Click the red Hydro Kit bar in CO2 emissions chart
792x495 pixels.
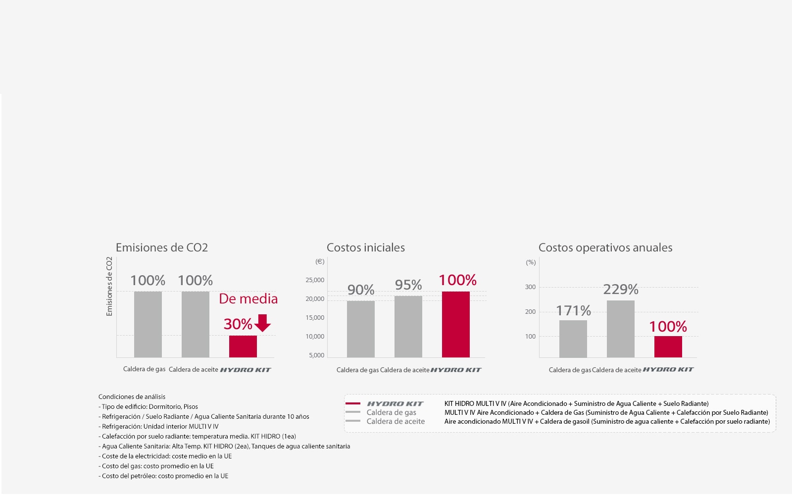243,346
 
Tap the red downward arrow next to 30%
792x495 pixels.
262,323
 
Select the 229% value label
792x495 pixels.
621,289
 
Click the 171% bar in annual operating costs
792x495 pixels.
573,339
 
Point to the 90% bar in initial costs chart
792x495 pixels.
361,329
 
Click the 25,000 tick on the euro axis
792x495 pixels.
315,280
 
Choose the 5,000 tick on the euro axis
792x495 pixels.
316,355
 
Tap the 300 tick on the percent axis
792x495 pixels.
530,287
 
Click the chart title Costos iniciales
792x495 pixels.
366,247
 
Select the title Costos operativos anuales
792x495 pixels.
605,247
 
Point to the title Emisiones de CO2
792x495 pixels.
162,247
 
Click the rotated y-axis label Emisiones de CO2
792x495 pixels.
109,286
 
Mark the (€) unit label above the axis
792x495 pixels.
320,261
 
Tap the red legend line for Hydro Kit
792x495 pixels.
353,403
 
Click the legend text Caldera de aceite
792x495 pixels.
396,421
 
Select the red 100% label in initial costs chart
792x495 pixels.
457,280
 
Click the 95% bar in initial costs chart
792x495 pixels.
408,327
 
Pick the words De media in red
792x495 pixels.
248,299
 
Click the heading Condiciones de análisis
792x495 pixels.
132,396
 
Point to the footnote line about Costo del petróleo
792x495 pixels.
163,476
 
